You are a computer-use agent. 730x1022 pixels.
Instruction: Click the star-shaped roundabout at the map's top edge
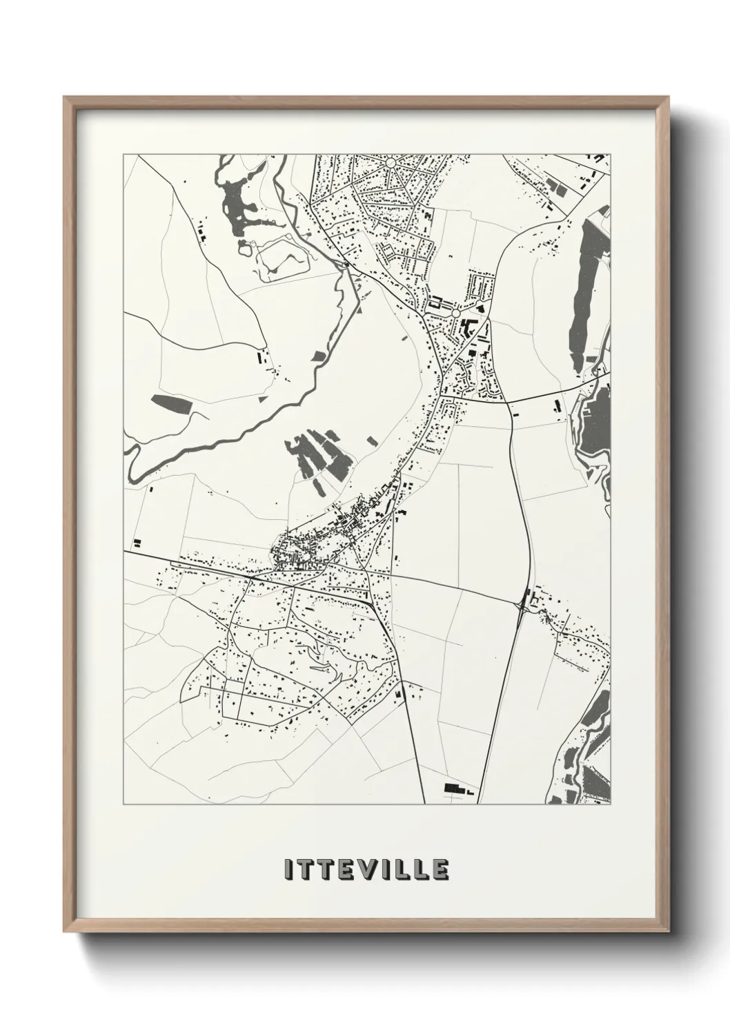[x=391, y=164]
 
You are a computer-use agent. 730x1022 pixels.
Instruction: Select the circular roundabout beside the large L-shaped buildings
[x=455, y=314]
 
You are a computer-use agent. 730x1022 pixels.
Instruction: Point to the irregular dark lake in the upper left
[x=238, y=204]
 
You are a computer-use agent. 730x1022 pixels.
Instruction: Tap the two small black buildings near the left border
[x=137, y=543]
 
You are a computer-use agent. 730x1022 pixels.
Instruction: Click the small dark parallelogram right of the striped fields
[x=372, y=441]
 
